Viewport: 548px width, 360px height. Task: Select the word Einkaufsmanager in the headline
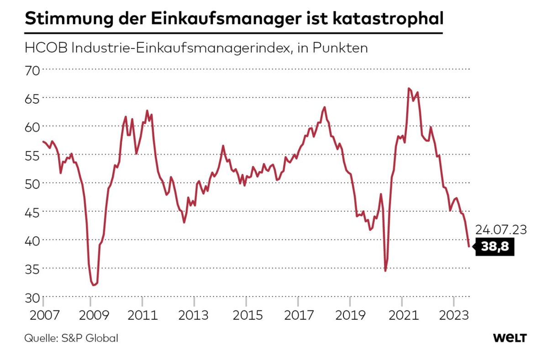226,19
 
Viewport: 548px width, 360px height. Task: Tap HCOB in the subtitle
46,48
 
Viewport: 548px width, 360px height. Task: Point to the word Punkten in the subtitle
340,48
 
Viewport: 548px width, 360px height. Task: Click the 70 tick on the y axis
32,71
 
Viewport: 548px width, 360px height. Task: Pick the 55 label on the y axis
32,156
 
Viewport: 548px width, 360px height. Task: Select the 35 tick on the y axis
32,270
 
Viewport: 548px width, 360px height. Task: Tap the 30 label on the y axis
32,298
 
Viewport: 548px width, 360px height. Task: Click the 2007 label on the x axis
45,316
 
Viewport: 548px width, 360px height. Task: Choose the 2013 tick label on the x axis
194,316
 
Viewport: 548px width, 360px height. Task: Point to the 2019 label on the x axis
350,316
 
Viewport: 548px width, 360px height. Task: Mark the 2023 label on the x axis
454,316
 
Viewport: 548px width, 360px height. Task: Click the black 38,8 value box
495,246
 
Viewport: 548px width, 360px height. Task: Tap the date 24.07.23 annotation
501,230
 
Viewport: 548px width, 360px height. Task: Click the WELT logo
510,338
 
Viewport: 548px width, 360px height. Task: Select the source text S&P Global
90,339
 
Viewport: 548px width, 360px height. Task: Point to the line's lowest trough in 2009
94,285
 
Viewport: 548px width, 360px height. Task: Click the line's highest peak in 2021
409,88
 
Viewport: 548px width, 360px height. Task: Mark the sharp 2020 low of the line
385,271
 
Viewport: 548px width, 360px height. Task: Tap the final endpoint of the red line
469,246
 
